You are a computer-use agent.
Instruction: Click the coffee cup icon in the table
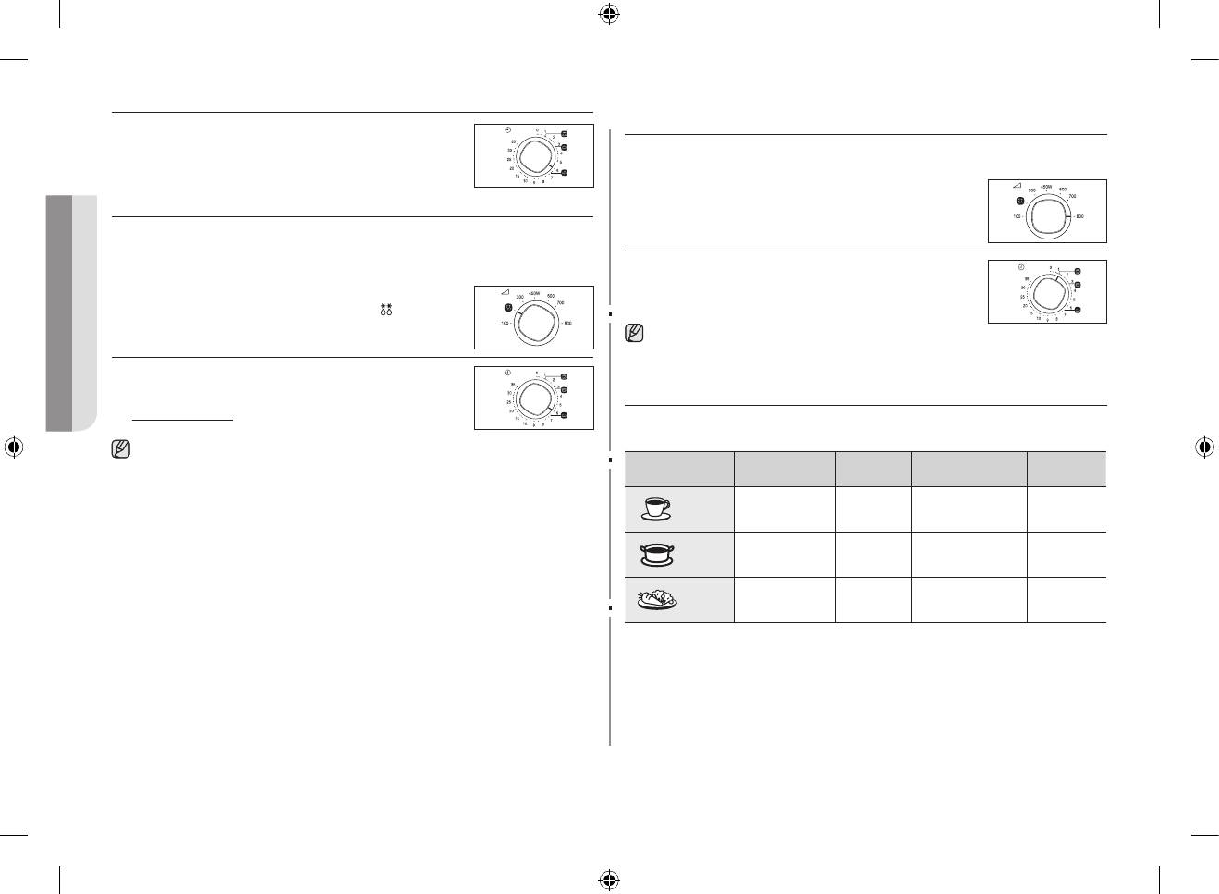(657, 508)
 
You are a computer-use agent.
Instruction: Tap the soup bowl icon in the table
(657, 554)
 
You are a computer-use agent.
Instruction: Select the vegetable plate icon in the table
(657, 600)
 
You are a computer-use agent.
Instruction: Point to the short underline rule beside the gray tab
(182, 420)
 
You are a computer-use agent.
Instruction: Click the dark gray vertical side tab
(59, 312)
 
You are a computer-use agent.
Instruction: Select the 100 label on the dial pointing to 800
(1017, 216)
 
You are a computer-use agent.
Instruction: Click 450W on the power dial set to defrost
(534, 292)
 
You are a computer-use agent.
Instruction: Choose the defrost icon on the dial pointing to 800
(1019, 201)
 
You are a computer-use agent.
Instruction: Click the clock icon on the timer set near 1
(1021, 267)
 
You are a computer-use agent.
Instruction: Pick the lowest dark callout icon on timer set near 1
(1078, 310)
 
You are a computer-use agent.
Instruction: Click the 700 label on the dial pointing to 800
(1072, 196)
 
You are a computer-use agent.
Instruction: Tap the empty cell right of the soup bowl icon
(785, 555)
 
